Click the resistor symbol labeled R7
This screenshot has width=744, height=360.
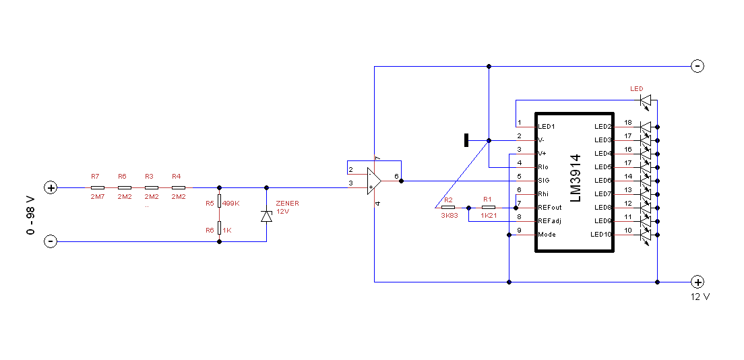97,187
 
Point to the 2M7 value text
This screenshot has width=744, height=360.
97,197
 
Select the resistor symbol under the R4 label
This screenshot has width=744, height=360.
179,187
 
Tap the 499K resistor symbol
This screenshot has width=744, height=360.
219,201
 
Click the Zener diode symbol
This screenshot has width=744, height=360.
267,216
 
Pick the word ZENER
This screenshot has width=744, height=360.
288,204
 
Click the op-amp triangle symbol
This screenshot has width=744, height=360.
375,181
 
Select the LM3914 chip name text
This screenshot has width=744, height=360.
576,178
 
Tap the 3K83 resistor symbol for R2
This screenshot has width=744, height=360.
448,208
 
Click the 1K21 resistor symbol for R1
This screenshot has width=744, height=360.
489,208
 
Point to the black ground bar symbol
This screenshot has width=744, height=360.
466,141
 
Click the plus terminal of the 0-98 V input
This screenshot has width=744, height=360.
51,187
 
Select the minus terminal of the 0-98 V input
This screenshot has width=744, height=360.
51,242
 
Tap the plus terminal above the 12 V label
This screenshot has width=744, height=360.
697,282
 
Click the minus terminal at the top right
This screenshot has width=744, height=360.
697,66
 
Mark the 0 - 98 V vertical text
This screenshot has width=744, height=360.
31,215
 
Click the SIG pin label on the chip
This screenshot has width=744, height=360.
544,181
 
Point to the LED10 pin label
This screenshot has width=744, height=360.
600,235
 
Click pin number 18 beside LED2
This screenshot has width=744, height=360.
628,123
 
